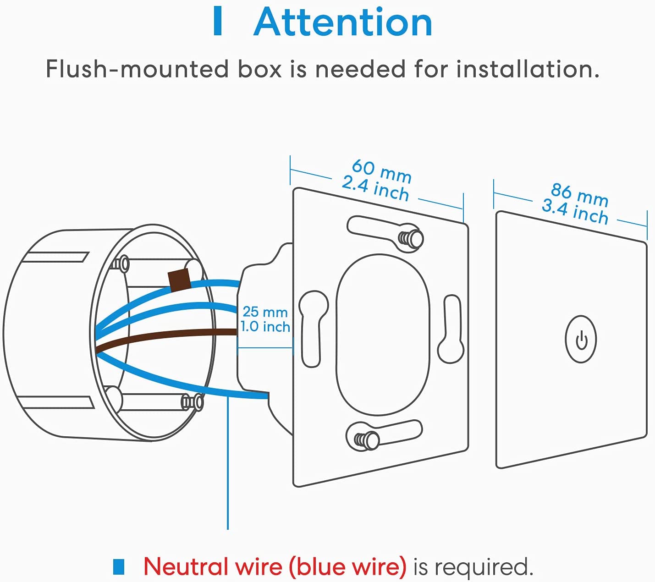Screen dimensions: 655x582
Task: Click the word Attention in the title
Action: [343, 22]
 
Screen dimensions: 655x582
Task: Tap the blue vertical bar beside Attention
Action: [218, 22]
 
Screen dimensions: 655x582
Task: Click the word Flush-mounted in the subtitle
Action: [138, 69]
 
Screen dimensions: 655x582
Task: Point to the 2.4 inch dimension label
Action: [375, 189]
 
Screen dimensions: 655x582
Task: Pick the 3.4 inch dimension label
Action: [575, 212]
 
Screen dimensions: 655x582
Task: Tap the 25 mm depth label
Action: [265, 312]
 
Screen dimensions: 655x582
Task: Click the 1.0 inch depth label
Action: [265, 327]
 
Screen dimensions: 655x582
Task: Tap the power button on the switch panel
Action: [581, 339]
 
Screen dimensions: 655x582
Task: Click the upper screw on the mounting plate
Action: [411, 239]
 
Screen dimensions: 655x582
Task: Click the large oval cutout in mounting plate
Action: [383, 335]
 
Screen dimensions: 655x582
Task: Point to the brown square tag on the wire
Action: [179, 280]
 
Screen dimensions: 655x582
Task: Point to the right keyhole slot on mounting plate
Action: [451, 329]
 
